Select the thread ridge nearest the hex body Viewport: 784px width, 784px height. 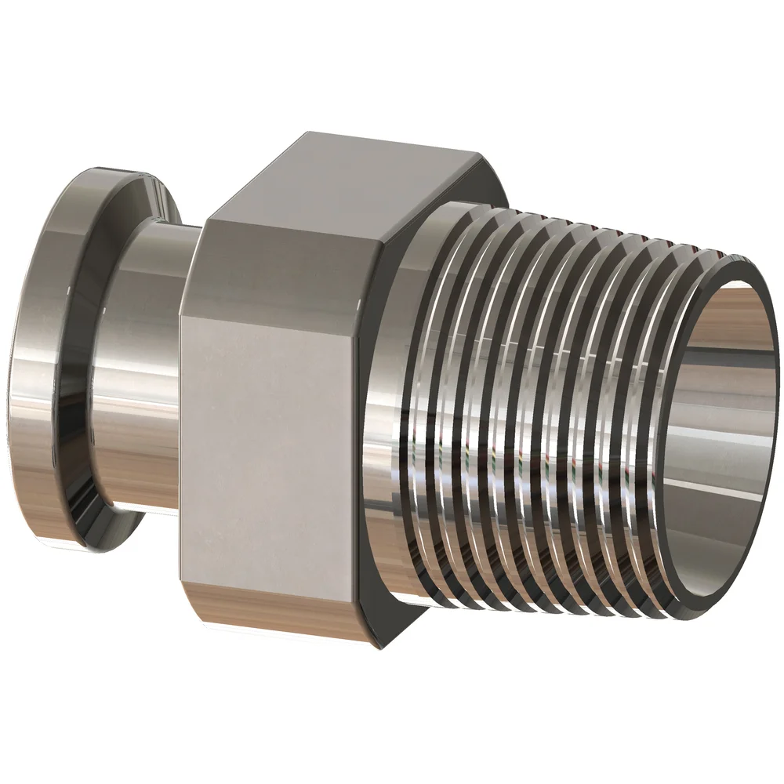[439, 392]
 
